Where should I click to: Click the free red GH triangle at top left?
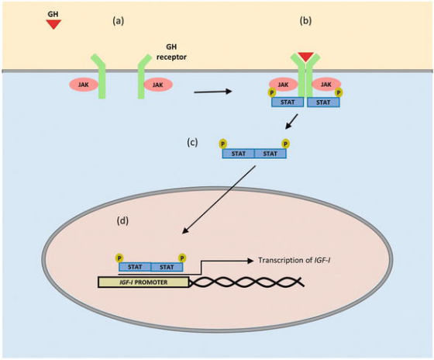click(x=53, y=24)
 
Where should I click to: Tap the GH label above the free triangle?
click(x=53, y=14)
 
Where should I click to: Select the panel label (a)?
click(x=118, y=21)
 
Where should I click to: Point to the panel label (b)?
click(x=305, y=21)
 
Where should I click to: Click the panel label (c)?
click(x=192, y=142)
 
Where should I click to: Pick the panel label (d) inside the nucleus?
click(x=122, y=220)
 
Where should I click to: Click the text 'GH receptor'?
click(x=171, y=52)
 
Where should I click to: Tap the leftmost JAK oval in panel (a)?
click(x=84, y=85)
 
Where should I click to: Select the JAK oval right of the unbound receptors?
click(x=158, y=85)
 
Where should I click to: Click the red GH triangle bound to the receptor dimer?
click(x=305, y=57)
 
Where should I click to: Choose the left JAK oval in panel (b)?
click(x=283, y=85)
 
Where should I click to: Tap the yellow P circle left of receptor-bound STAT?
click(x=271, y=92)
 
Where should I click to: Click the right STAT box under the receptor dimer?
click(x=323, y=102)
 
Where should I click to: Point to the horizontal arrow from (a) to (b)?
click(x=213, y=92)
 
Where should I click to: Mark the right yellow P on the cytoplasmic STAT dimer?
click(x=286, y=144)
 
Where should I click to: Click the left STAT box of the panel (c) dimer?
click(x=239, y=154)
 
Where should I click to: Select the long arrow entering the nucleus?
click(x=219, y=200)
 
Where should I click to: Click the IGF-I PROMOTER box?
click(x=143, y=282)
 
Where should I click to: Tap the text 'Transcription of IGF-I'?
click(x=294, y=260)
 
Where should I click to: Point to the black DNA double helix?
click(x=247, y=282)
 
